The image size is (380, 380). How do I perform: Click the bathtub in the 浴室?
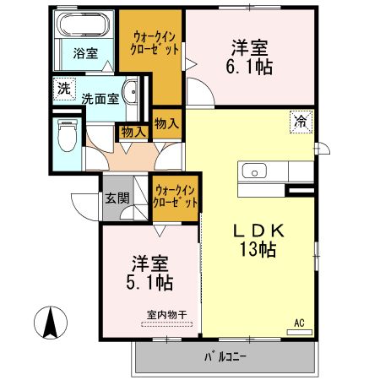tap(84, 24)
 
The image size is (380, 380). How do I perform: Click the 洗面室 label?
tap(100, 98)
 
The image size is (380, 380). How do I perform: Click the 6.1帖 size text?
tap(250, 67)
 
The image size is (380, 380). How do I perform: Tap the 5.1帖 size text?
tap(152, 282)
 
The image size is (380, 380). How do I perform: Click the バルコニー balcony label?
tap(224, 358)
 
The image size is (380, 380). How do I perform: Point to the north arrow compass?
tap(51, 324)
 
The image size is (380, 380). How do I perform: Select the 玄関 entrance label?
tap(117, 199)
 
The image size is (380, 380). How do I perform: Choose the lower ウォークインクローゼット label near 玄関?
tap(176, 198)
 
